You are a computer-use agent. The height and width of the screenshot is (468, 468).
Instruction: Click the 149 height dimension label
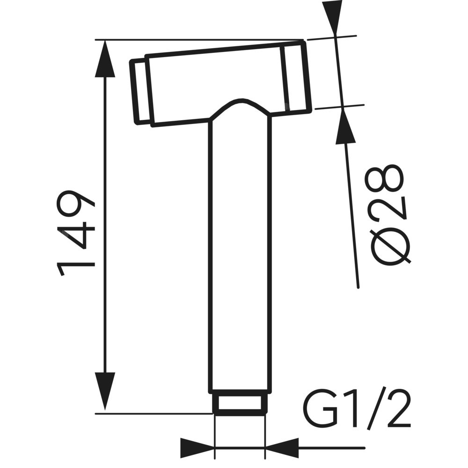point(75,232)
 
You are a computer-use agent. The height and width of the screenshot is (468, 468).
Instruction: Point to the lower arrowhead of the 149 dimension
point(104,391)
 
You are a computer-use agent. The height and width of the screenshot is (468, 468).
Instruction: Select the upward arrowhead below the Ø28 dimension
point(345,126)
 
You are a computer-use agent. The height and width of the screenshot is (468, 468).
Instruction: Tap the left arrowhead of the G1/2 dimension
point(197,448)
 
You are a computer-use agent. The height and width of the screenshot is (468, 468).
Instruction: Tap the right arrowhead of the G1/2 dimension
point(282,448)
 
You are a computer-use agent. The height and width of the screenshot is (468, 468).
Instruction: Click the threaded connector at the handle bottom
point(240,403)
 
